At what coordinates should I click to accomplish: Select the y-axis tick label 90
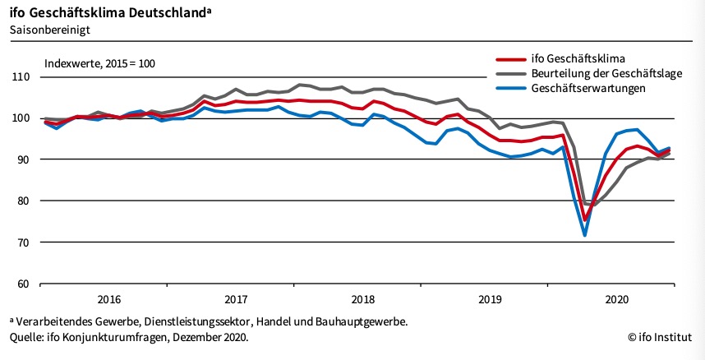[x=22, y=159]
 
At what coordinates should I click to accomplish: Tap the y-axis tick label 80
[x=22, y=201]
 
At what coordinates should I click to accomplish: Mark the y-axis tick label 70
[x=22, y=242]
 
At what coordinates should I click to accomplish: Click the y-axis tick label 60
[x=22, y=284]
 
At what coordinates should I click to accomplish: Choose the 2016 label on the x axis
[x=109, y=298]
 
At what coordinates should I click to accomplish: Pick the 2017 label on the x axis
[x=236, y=298]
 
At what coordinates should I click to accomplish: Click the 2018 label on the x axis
[x=362, y=298]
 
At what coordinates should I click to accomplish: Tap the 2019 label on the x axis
[x=490, y=298]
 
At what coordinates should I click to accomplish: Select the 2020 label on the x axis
[x=616, y=298]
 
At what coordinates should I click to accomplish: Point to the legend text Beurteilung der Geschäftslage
[x=603, y=73]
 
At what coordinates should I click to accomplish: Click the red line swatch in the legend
[x=512, y=58]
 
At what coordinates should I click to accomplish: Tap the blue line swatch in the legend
[x=512, y=88]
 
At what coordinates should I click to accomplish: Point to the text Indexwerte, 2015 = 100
[x=99, y=62]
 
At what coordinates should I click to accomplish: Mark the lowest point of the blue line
[x=585, y=236]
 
